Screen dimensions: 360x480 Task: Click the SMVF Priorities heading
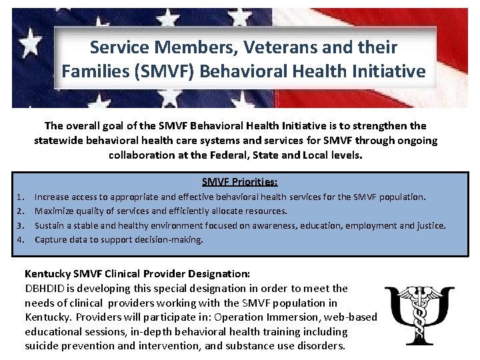[x=239, y=181]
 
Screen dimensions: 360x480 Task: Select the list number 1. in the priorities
[x=19, y=197]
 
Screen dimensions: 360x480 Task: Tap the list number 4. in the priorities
[x=19, y=239]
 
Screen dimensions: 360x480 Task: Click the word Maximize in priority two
[x=54, y=211]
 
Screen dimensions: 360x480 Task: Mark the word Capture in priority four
[x=51, y=239]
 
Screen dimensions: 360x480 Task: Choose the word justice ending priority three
[x=430, y=225]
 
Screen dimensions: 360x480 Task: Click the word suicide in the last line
[x=42, y=346]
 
